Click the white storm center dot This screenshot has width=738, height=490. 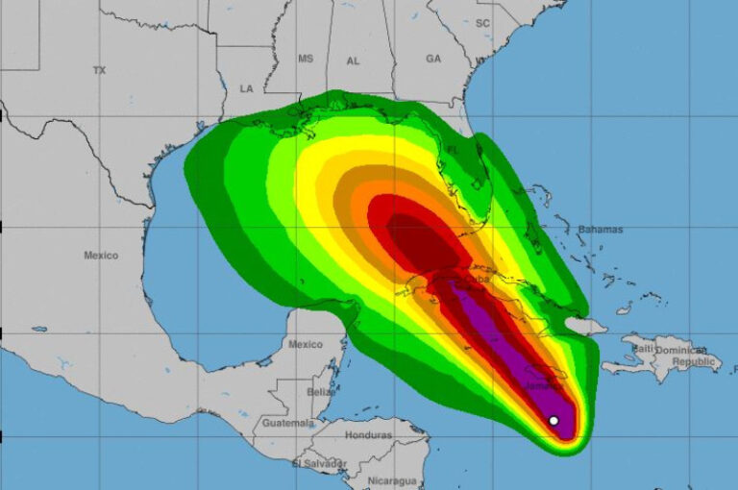point(553,421)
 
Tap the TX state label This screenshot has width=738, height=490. point(100,70)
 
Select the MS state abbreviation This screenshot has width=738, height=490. point(306,59)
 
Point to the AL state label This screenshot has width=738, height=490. point(353,61)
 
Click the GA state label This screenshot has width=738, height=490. point(433,59)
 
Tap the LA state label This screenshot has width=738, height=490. point(246,88)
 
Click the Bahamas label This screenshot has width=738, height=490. point(601,230)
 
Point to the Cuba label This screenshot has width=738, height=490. point(478,279)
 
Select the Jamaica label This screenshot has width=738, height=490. point(540,386)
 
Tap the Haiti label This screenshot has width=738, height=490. point(641,348)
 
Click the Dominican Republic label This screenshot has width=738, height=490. point(688,355)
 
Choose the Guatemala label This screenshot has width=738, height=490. point(287,423)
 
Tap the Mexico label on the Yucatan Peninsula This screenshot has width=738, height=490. point(307,344)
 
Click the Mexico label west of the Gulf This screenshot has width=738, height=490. point(100,256)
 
